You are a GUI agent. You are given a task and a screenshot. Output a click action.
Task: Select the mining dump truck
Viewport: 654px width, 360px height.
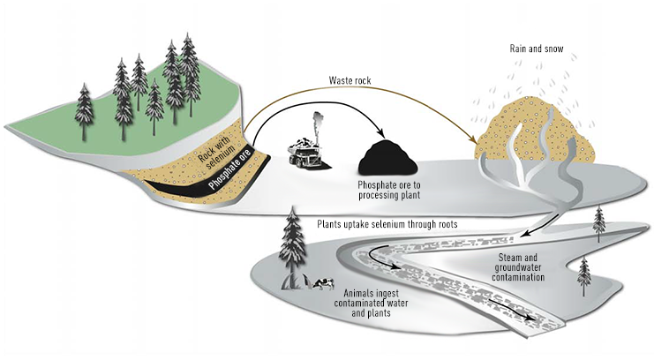308,154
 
